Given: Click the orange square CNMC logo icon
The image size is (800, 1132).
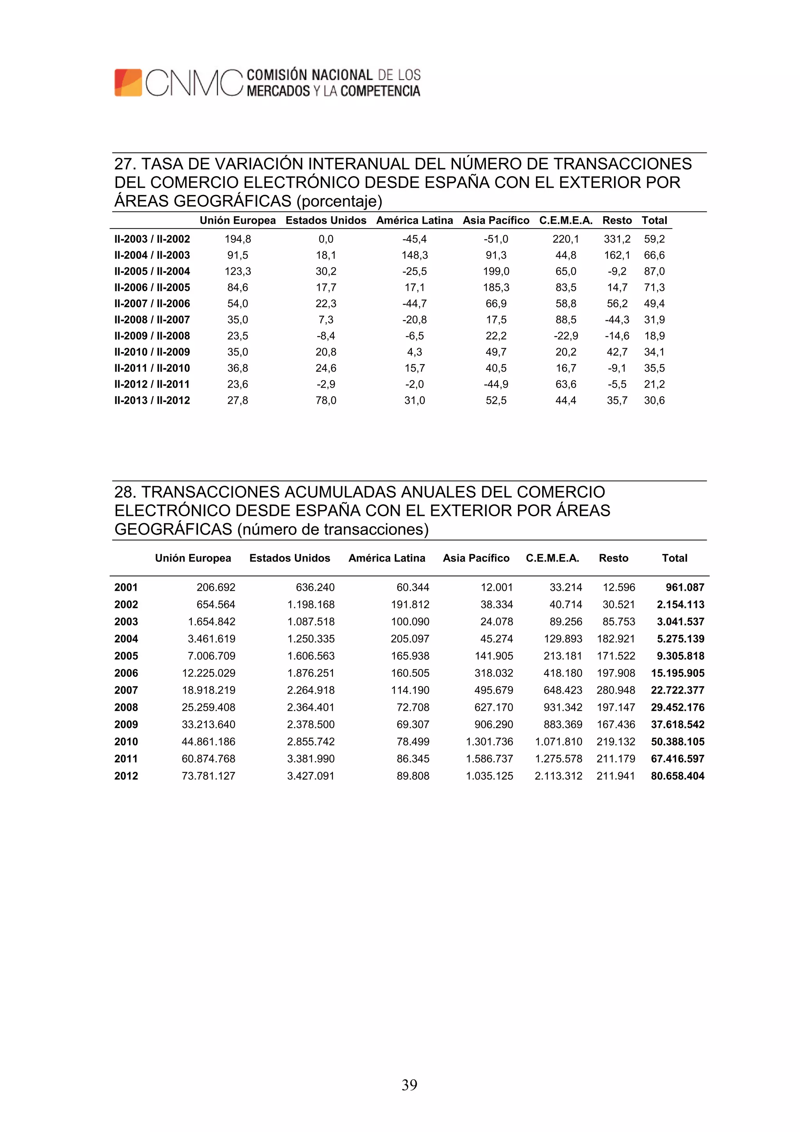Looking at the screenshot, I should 128,82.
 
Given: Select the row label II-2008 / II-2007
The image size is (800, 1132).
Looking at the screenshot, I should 152,320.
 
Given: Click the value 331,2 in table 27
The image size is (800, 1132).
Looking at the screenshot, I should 617,239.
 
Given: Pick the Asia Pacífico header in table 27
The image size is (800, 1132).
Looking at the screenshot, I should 495,220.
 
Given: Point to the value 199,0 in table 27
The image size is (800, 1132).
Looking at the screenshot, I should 496,271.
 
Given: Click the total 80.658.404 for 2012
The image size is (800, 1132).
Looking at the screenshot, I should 677,776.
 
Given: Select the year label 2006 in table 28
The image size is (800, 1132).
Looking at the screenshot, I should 126,673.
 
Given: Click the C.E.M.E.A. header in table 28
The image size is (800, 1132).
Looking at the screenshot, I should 552,558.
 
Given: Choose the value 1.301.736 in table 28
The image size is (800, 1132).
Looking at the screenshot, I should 489,742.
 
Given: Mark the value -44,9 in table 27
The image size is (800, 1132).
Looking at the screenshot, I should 496,384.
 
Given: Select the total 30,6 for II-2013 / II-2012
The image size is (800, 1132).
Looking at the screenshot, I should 654,401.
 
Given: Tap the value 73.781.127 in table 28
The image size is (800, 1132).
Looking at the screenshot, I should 209,776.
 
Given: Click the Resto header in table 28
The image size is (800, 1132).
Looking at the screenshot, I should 613,558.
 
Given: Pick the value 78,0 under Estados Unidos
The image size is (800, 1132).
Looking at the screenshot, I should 326,401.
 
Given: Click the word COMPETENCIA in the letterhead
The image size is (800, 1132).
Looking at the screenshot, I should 380,91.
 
